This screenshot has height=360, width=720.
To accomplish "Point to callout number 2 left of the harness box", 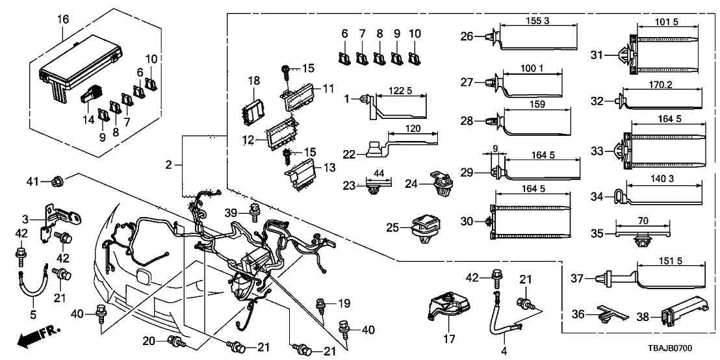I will [168, 165].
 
